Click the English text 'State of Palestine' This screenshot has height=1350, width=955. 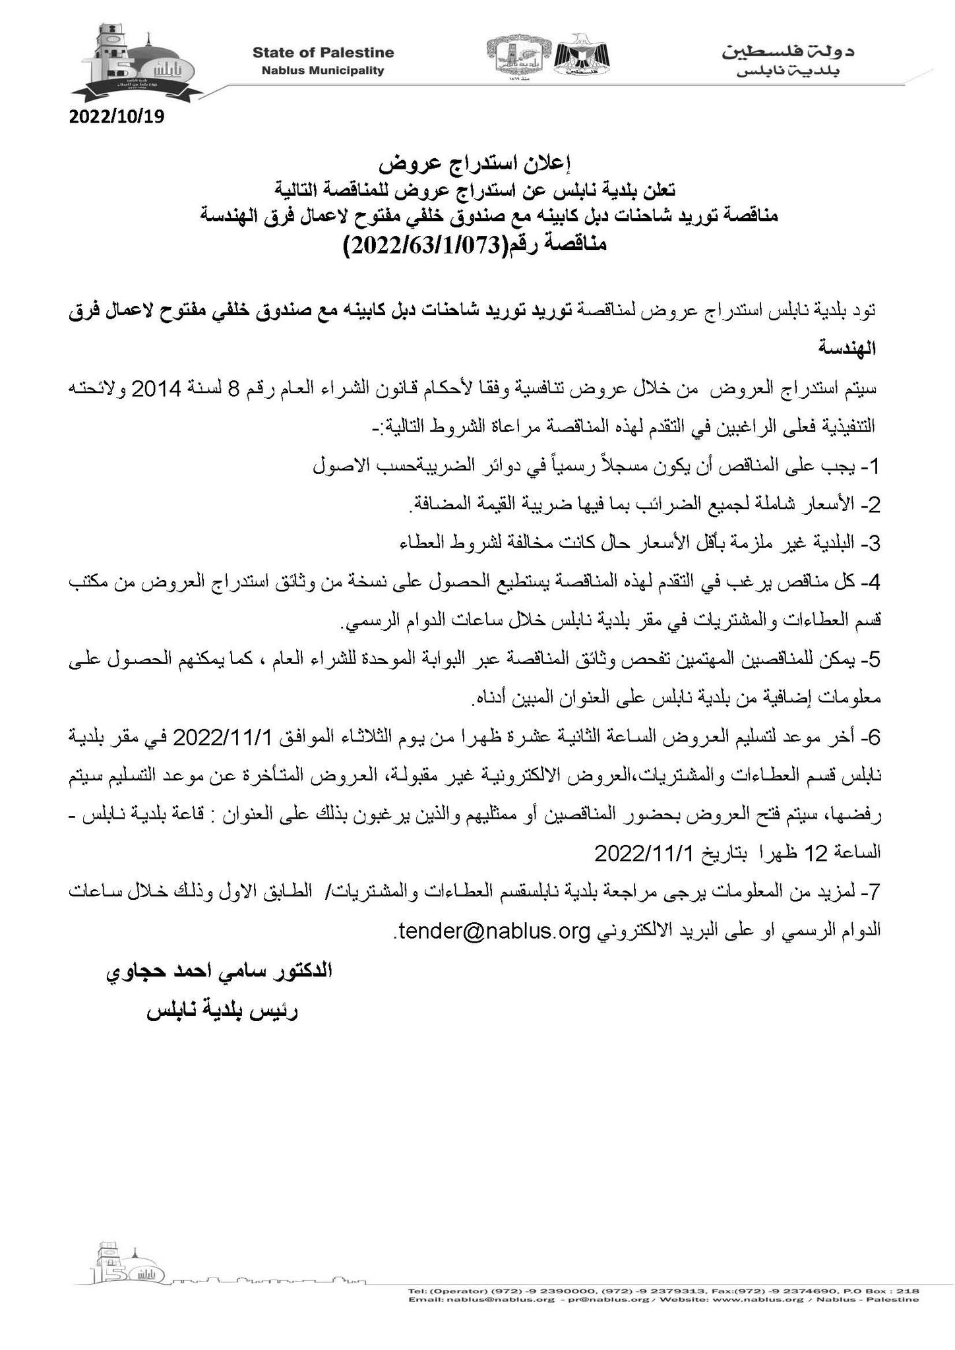[323, 53]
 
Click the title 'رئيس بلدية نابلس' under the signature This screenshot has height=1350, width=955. [222, 1012]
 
